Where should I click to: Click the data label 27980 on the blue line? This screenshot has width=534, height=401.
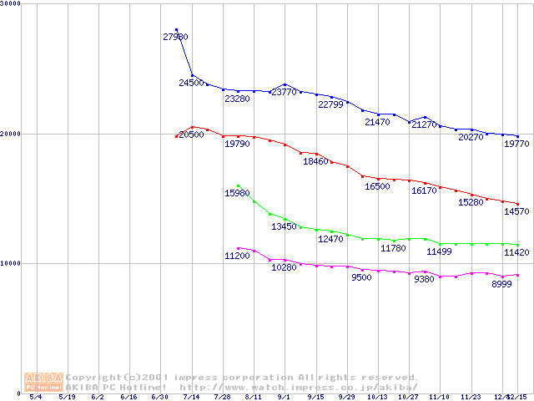[x=175, y=37]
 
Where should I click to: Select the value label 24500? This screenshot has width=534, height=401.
[x=191, y=84]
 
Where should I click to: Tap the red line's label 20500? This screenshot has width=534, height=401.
[x=191, y=135]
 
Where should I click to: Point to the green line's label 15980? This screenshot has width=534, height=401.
[x=238, y=194]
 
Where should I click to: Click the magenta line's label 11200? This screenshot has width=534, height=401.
[x=237, y=256]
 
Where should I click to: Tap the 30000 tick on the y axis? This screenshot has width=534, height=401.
[x=10, y=4]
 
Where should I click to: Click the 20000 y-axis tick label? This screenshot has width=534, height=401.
[x=10, y=134]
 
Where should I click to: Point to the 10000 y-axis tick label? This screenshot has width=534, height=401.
[x=10, y=263]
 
